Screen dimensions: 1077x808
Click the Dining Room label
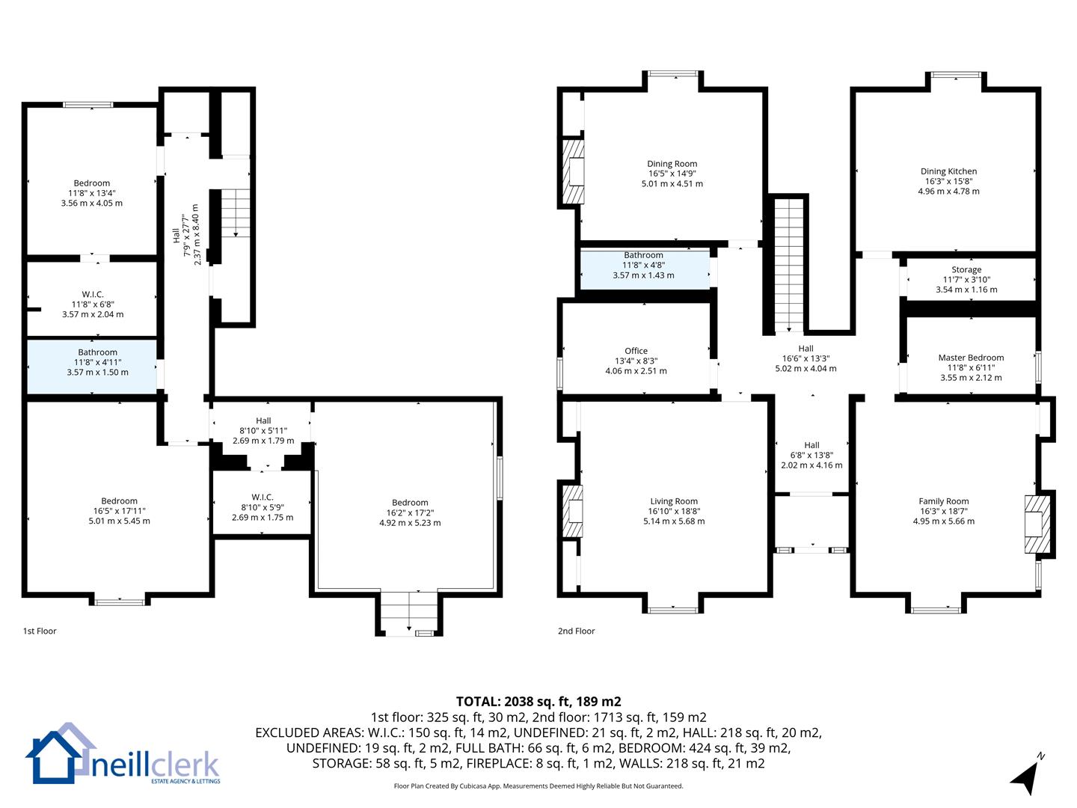click(672, 164)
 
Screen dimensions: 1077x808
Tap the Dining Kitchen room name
click(948, 171)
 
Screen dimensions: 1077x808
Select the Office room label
click(636, 351)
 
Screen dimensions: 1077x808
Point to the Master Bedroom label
click(971, 358)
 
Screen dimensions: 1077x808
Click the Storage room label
click(966, 269)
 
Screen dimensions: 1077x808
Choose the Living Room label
click(674, 501)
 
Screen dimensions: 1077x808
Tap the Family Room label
click(944, 501)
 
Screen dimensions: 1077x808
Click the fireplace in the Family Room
click(1037, 524)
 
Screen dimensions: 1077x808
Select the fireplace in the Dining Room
click(573, 172)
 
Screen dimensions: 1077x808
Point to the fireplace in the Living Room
click(573, 511)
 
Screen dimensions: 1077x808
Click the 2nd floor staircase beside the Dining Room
click(788, 265)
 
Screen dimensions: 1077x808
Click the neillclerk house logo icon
click(60, 753)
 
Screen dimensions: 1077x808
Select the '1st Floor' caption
click(40, 631)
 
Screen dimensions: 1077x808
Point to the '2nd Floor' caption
click(576, 631)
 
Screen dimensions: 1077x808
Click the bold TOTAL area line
click(538, 701)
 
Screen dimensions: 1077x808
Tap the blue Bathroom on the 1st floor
click(92, 367)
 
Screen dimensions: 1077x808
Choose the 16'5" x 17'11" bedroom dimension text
click(119, 511)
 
